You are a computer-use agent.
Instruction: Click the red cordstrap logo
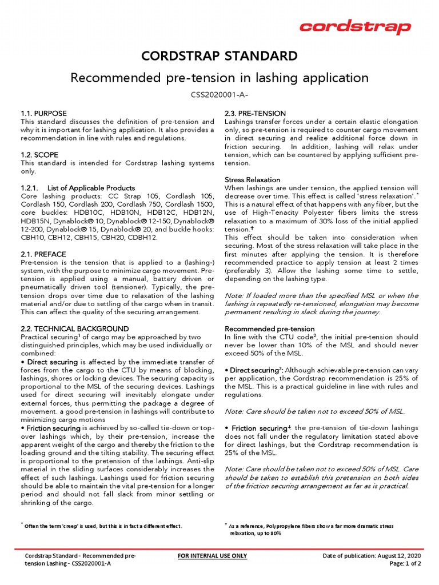(355, 27)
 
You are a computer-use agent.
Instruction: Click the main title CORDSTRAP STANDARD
(219, 56)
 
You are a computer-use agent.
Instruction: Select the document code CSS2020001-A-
(219, 94)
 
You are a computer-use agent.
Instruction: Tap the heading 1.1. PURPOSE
(43, 114)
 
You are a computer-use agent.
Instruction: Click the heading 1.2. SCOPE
(39, 155)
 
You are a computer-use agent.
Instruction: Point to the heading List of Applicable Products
(91, 188)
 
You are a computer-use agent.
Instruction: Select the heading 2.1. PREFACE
(43, 254)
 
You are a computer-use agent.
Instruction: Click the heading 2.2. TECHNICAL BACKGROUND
(75, 329)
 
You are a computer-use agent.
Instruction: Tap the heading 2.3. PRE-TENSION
(256, 114)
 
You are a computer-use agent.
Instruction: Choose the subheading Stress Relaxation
(253, 179)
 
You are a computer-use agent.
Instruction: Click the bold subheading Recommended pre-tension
(270, 329)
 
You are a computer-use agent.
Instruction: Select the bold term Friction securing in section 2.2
(55, 428)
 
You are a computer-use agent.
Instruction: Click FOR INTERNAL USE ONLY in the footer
(213, 556)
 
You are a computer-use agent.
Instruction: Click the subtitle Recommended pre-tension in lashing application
(219, 77)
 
